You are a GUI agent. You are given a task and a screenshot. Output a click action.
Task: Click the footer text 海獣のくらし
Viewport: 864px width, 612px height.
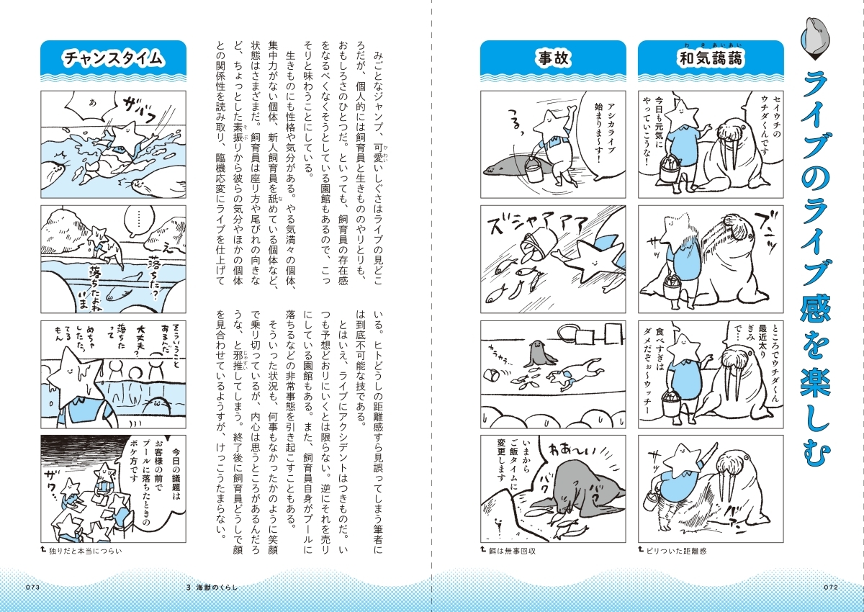[x=216, y=588]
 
